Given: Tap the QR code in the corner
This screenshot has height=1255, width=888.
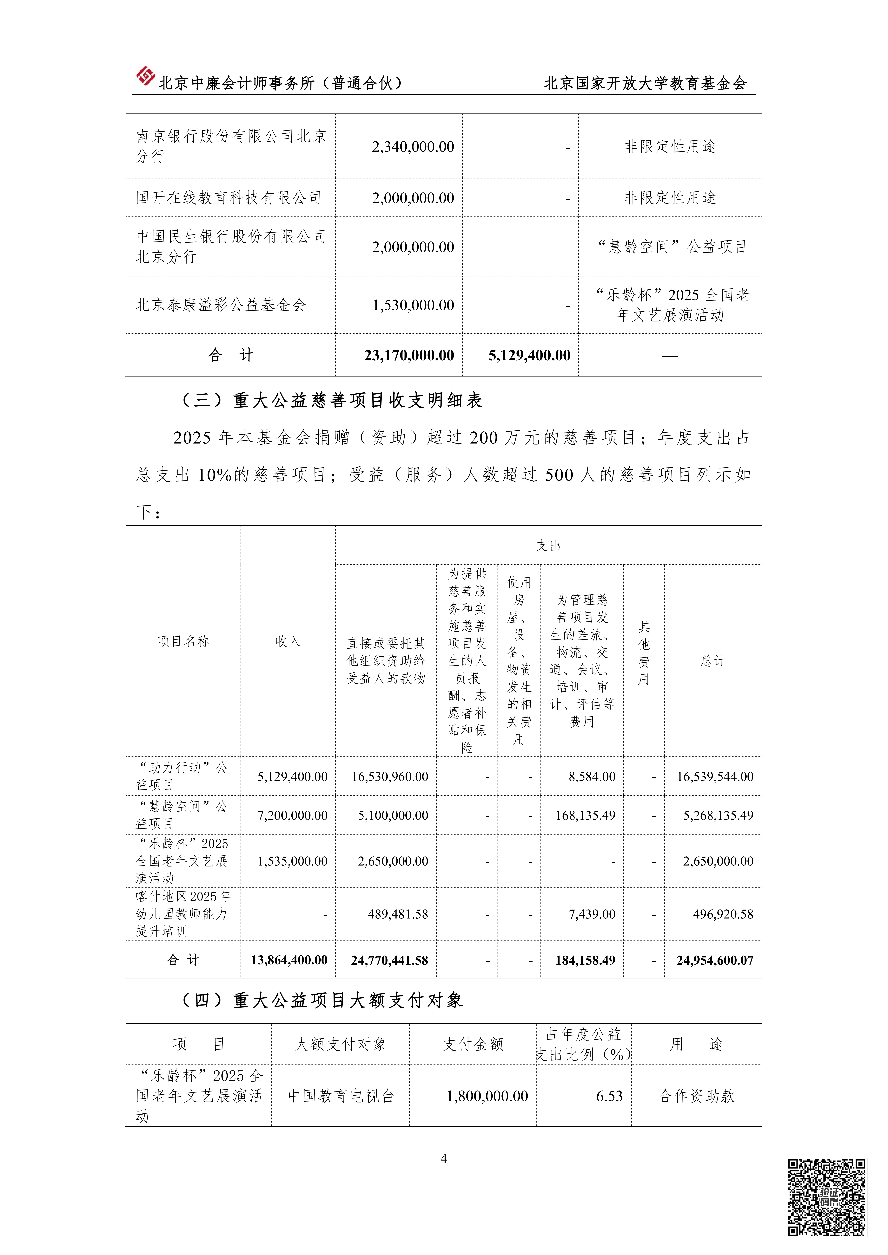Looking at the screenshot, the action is (x=826, y=1197).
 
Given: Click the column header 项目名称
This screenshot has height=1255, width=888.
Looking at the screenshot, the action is (x=183, y=641).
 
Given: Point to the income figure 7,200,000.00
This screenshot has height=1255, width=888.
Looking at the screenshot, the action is (x=293, y=815).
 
